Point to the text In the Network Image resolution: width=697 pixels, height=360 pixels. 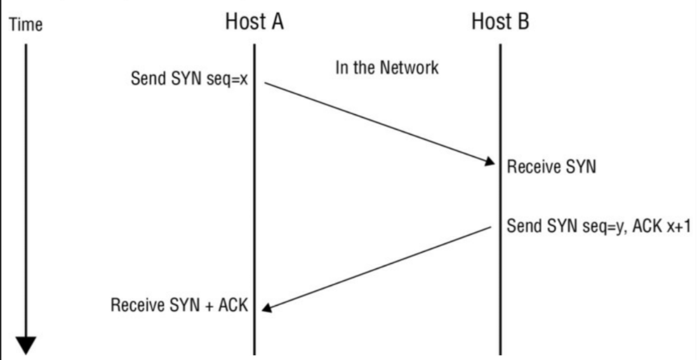click(x=387, y=68)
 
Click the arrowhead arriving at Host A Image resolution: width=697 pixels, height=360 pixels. click(x=267, y=308)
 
